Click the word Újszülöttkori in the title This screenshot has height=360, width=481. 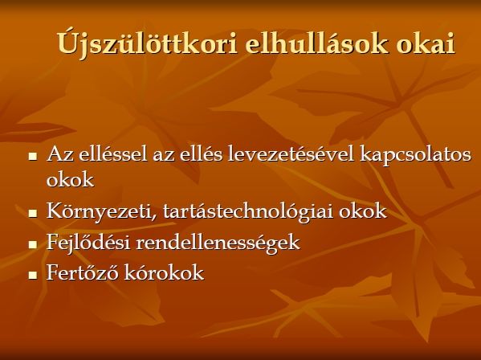pyautogui.click(x=147, y=44)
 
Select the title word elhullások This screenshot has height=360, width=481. pyautogui.click(x=316, y=43)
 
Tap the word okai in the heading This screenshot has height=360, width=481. pyautogui.click(x=425, y=44)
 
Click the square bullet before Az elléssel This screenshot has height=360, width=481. pyautogui.click(x=32, y=157)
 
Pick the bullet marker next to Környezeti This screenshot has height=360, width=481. pyautogui.click(x=32, y=213)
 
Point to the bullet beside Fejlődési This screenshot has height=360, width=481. pyautogui.click(x=32, y=244)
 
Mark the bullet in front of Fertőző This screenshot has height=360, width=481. pyautogui.click(x=32, y=275)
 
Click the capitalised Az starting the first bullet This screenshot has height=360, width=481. pyautogui.click(x=60, y=154)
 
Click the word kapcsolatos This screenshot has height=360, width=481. pyautogui.click(x=415, y=155)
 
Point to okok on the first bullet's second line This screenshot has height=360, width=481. pyautogui.click(x=70, y=179)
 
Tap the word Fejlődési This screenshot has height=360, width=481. pyautogui.click(x=88, y=243)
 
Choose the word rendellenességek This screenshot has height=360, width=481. pyautogui.click(x=218, y=243)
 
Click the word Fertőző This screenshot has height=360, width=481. pyautogui.click(x=82, y=272)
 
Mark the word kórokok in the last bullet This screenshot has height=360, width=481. pyautogui.click(x=164, y=272)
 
